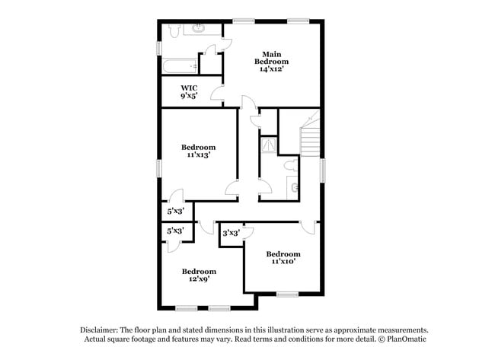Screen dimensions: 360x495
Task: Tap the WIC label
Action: tap(188, 88)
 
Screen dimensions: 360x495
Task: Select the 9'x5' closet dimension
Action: tap(188, 96)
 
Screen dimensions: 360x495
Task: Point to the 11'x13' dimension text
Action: tap(198, 155)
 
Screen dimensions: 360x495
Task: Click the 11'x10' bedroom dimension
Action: tap(283, 262)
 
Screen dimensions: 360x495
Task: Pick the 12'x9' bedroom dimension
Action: tap(198, 279)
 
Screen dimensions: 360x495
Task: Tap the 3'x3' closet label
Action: tap(231, 233)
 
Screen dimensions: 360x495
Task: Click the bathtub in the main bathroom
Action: tap(180, 67)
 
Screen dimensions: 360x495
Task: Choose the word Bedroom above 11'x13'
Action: tap(198, 147)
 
